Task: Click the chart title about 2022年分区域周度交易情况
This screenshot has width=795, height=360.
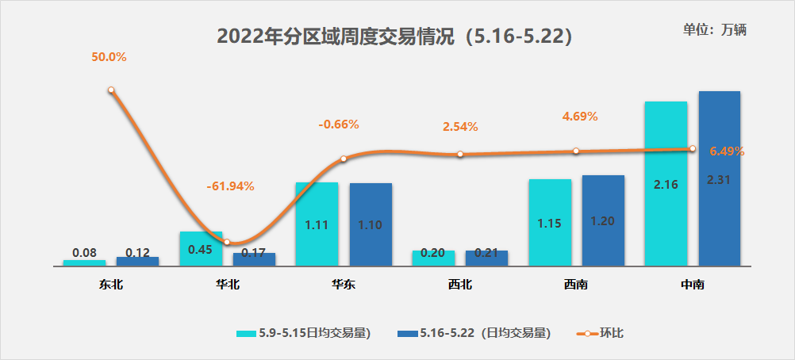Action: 395,36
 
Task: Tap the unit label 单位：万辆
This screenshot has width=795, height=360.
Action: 715,29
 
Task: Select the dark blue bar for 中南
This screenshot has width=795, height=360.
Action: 719,178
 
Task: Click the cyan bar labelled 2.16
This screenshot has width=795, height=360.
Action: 666,183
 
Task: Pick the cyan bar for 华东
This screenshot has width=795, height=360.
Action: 317,224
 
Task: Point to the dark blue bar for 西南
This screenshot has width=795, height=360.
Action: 603,220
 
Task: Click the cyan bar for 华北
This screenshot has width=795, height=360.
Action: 200,249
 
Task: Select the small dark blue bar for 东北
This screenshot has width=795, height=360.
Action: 137,261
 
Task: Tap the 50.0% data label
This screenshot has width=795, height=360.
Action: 109,57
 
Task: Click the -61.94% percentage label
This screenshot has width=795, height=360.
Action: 230,186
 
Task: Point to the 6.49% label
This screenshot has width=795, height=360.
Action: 728,151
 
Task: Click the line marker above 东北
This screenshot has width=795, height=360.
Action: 111,90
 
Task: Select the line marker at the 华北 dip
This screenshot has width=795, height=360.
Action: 227,243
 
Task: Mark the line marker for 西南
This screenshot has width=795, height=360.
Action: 576,151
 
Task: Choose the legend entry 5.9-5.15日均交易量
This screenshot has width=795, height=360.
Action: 304,333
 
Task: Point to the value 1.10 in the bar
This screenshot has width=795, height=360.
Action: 371,224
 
